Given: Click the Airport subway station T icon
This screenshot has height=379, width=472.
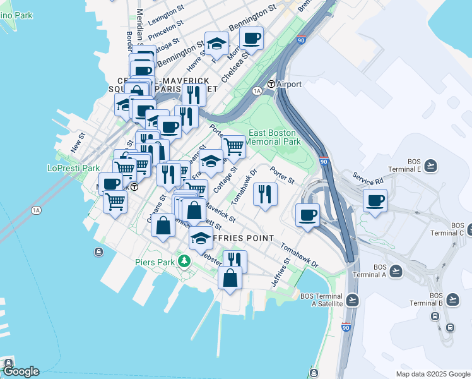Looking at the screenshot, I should [x=271, y=84].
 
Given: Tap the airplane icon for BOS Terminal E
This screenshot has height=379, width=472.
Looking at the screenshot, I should [x=431, y=165].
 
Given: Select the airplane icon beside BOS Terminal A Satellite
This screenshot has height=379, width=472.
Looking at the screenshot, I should [x=352, y=299].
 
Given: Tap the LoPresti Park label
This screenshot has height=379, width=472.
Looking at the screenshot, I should [x=73, y=168].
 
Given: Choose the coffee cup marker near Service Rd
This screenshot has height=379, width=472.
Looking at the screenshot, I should [x=375, y=201].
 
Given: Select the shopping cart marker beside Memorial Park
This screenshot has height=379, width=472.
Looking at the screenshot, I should [x=233, y=147].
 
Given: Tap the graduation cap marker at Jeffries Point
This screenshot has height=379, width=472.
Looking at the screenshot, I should [x=201, y=238].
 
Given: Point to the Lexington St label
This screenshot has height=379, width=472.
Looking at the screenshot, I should [x=165, y=16].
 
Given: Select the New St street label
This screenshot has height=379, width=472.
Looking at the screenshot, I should [x=78, y=141].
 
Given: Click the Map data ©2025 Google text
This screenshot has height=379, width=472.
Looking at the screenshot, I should [x=432, y=374].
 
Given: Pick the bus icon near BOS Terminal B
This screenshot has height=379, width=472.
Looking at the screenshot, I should [x=450, y=327].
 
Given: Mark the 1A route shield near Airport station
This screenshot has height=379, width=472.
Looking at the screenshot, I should [x=257, y=91].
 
